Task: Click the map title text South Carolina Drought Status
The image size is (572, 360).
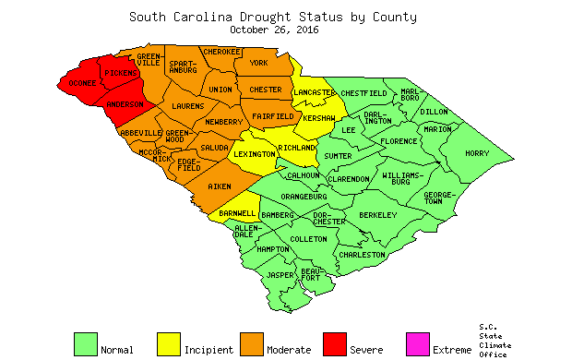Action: tap(272, 17)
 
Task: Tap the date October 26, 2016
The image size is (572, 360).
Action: tap(272, 29)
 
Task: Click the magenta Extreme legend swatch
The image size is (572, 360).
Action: tap(418, 343)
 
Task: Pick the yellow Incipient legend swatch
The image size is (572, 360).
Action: tap(168, 343)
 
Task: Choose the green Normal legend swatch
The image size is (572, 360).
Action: tap(86, 343)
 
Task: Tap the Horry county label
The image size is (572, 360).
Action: tap(477, 153)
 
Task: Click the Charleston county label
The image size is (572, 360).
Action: tap(362, 255)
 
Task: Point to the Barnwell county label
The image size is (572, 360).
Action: tap(237, 213)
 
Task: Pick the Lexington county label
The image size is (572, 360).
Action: tap(254, 155)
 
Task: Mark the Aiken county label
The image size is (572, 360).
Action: tap(219, 186)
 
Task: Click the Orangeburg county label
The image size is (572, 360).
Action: tap(304, 196)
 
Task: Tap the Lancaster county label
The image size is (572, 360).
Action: tap(315, 93)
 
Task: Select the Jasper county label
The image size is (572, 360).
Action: tap(280, 274)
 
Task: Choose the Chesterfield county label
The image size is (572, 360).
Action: tap(363, 93)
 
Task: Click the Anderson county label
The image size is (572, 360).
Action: tap(124, 104)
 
